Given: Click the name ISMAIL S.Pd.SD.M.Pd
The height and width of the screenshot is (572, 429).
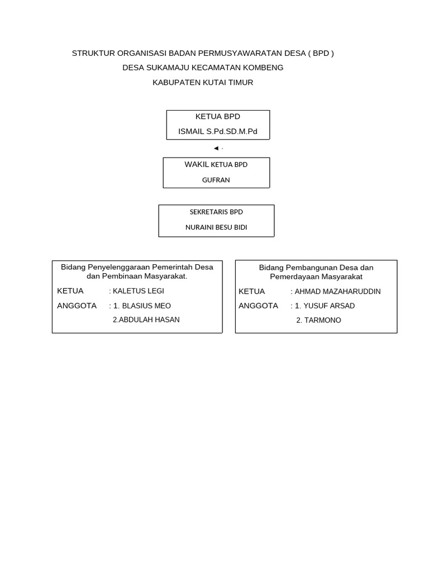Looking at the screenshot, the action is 218,131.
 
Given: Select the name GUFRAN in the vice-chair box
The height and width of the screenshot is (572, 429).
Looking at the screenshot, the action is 216,180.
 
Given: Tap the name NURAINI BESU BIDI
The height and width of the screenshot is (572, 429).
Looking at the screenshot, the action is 216,227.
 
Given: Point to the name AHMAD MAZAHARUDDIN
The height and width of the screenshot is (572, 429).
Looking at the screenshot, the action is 338,292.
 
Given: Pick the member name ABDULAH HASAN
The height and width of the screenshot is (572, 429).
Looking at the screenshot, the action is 146,320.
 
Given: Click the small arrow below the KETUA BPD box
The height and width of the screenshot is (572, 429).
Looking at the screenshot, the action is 216,148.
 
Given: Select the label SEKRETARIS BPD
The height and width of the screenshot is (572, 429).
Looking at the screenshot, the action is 216,212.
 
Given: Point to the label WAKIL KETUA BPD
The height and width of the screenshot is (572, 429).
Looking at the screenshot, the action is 216,165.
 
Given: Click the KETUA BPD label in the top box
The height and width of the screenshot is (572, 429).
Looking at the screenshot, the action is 218,117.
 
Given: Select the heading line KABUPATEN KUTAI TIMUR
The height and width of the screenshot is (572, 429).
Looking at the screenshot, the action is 203,82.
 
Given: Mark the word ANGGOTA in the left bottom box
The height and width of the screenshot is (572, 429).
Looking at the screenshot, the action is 77,306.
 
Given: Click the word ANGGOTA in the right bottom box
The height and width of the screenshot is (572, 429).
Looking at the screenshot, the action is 258,306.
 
